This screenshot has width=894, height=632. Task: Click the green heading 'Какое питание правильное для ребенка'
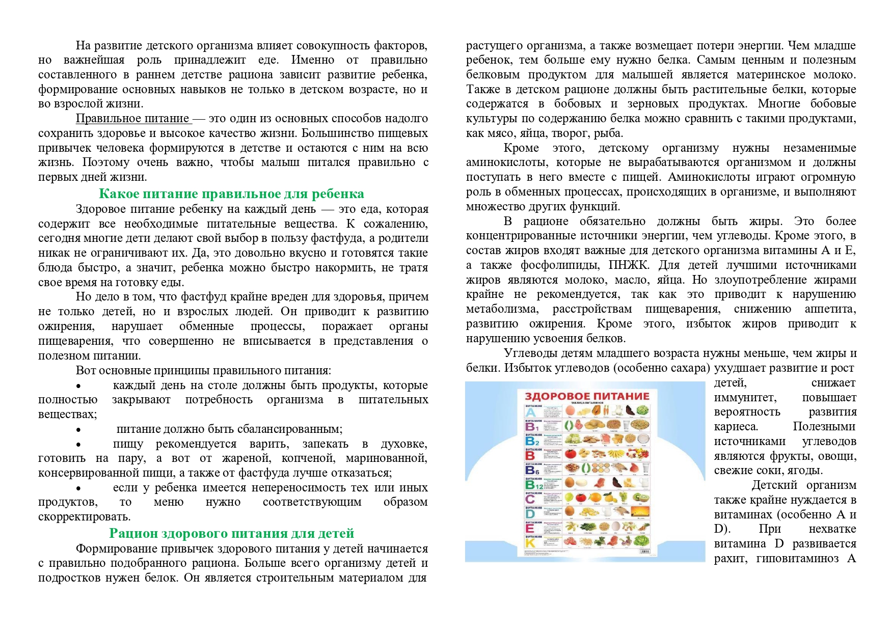[x=231, y=194]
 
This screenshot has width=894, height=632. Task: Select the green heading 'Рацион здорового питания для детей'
[x=231, y=534]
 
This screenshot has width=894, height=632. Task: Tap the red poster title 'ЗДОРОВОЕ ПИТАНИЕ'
[x=587, y=396]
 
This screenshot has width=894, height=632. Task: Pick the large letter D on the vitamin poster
[x=530, y=514]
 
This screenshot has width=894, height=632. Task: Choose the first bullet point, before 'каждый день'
[x=78, y=386]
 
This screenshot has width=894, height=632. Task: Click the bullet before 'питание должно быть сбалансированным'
[x=78, y=430]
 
